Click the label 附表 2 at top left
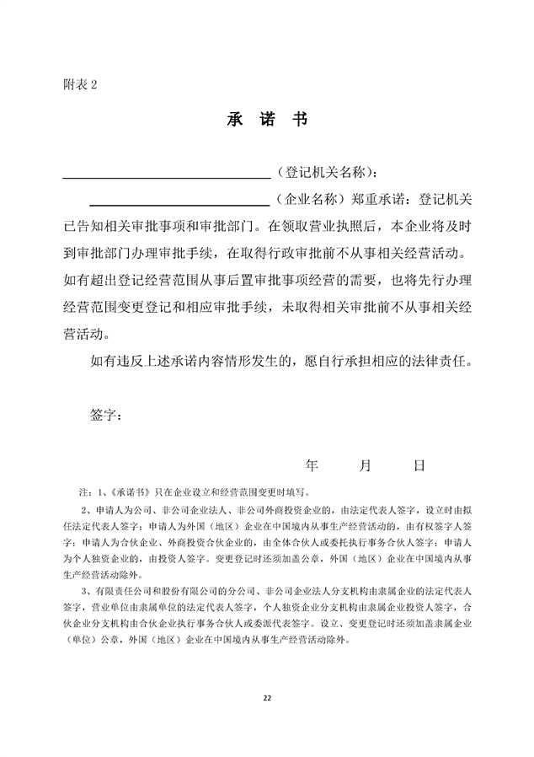click(81, 84)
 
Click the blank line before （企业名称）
click(179, 201)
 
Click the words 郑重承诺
click(378, 200)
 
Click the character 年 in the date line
click(312, 465)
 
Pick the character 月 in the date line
click(366, 465)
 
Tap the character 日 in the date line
click(419, 465)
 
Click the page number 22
click(267, 698)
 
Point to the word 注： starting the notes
click(84, 490)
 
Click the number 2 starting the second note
click(83, 509)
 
